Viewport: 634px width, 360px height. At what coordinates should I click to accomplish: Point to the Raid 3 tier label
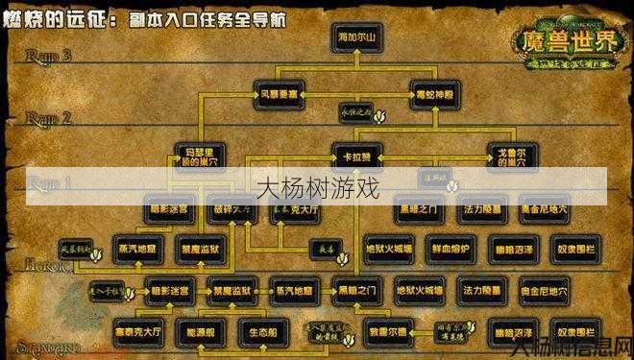tap(49, 56)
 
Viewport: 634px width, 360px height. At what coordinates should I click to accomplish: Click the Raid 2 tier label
tap(49, 118)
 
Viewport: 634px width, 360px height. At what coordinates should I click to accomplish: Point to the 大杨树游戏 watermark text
tap(317, 186)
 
